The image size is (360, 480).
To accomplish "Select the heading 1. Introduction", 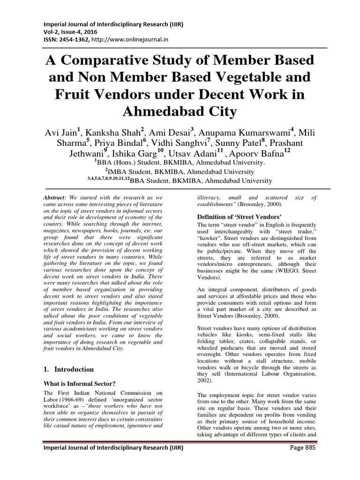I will click(68, 369).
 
